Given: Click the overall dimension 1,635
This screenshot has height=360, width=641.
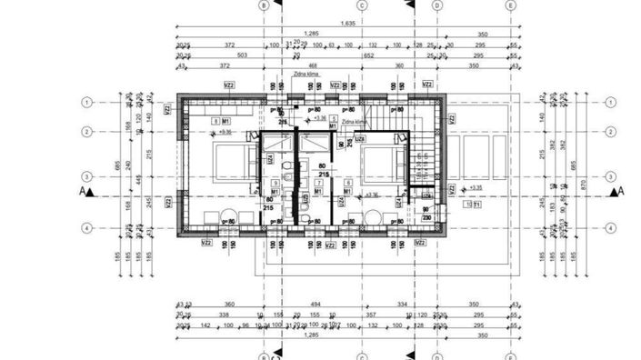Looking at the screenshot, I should click(346, 24).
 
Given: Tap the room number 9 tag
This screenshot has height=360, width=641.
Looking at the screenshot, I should click(275, 184).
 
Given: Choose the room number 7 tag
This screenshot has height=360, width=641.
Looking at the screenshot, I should click(317, 184).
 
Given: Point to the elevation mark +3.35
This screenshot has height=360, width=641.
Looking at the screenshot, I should click(473, 188).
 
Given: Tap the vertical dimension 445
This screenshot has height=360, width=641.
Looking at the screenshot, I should click(131, 179).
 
